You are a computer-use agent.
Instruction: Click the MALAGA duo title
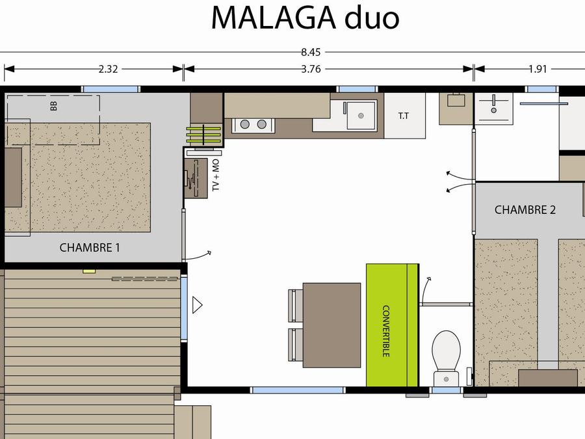(x=305, y=18)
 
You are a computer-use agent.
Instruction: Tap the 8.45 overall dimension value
(x=311, y=52)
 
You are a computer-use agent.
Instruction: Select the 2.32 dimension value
(x=108, y=69)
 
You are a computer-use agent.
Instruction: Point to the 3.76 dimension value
(x=311, y=69)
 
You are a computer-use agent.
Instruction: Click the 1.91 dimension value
(x=538, y=69)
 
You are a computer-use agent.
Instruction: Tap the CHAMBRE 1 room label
(x=90, y=248)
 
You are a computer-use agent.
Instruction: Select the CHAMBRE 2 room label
(x=525, y=210)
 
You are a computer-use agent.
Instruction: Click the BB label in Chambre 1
(x=54, y=107)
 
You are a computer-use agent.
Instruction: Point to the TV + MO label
(x=216, y=175)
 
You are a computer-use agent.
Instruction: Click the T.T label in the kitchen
(x=403, y=116)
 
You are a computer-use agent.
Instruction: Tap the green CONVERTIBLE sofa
(x=392, y=325)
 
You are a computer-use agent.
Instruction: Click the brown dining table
(x=331, y=325)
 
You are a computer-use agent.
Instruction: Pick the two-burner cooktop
(x=253, y=124)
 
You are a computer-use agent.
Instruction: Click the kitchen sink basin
(x=360, y=115)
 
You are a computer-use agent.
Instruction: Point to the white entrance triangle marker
(x=197, y=304)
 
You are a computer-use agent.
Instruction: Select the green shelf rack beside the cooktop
(x=204, y=135)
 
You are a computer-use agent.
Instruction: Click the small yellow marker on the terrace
(x=89, y=271)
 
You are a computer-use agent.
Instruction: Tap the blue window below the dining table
(x=297, y=390)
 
